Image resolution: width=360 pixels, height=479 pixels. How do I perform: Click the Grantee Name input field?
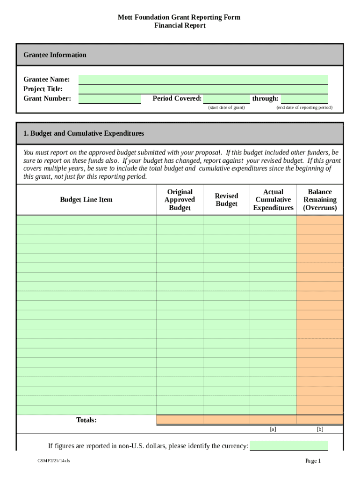coord(203,80)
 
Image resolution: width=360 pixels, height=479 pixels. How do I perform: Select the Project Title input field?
coord(203,89)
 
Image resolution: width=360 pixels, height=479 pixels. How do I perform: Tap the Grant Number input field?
coord(109,99)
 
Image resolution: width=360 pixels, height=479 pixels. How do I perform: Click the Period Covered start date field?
coord(226,99)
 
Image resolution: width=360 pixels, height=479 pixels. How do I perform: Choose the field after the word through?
coord(304,99)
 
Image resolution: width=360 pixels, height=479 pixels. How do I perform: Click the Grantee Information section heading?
coord(55,55)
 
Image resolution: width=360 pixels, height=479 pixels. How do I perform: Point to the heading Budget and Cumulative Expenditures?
coord(84,133)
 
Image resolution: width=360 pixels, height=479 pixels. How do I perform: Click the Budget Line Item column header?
coord(86,200)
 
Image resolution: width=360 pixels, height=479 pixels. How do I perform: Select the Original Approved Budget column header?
coord(180,200)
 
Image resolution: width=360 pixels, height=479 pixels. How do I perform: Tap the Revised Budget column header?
coord(226,200)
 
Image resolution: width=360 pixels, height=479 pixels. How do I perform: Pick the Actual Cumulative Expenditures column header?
coord(273,200)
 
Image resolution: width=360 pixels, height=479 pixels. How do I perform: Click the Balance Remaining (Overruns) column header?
coord(320,200)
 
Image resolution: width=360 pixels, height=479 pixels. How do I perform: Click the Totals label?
coord(86,420)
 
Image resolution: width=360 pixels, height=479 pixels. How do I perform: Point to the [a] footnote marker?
coord(273,429)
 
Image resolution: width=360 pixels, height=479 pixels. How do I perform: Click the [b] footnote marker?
coord(320,429)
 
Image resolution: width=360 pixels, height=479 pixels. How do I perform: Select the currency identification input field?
coord(289,446)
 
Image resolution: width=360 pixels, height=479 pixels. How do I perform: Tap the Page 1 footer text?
coord(313,461)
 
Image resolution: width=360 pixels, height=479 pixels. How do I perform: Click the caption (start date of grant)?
coord(226,108)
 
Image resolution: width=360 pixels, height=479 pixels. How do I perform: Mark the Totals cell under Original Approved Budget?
coord(180,420)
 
